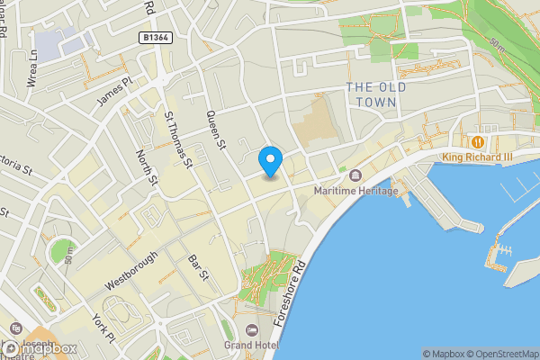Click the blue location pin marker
pos(270,161)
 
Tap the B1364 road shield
pos(157,37)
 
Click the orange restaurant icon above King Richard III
pos(478,141)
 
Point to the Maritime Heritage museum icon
pos(356,175)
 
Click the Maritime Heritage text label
pos(355,191)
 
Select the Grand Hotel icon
pos(251,329)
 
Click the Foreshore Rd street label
pos(295,292)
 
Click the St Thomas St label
pos(178,139)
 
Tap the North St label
pos(146,169)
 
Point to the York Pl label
pos(103,331)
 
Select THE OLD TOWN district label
pos(376,94)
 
